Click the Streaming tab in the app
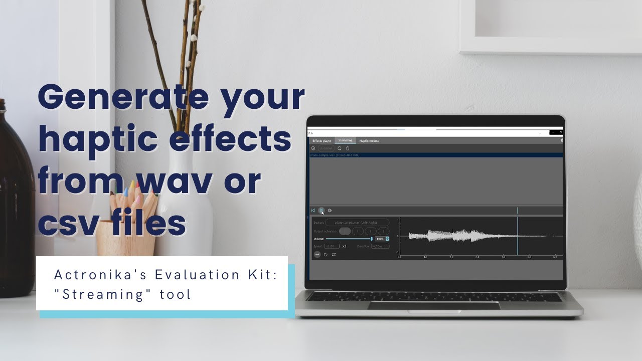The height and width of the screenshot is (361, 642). pos(345,141)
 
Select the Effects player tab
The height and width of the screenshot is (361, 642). pos(322,141)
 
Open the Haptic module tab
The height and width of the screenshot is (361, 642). pos(369,141)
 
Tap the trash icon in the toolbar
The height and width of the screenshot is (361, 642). pos(348,148)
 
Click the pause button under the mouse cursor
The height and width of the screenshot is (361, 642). pos(322,211)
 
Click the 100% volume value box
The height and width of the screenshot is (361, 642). pos(380,239)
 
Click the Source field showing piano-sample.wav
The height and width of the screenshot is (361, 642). pos(357,222)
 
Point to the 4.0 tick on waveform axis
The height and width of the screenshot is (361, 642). pos(503,257)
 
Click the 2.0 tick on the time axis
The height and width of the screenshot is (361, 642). pos(451,257)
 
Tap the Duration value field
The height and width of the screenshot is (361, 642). pos(380,246)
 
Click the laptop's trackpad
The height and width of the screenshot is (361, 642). pos(434,305)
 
